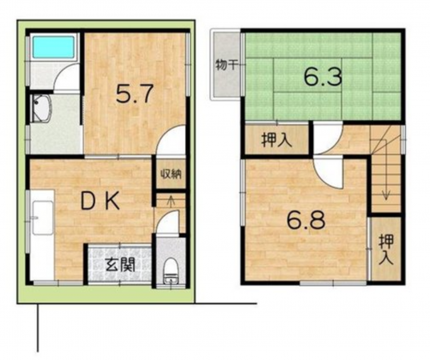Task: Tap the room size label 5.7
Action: pyautogui.click(x=134, y=95)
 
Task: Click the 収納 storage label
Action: pyautogui.click(x=168, y=174)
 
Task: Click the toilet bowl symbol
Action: pyautogui.click(x=169, y=270)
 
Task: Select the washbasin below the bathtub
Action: pyautogui.click(x=39, y=110)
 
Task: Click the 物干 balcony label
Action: pyautogui.click(x=226, y=65)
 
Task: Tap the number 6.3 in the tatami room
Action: pyautogui.click(x=324, y=78)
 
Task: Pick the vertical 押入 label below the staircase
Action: pyautogui.click(x=386, y=248)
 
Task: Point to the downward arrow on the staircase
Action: pyautogui.click(x=386, y=192)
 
